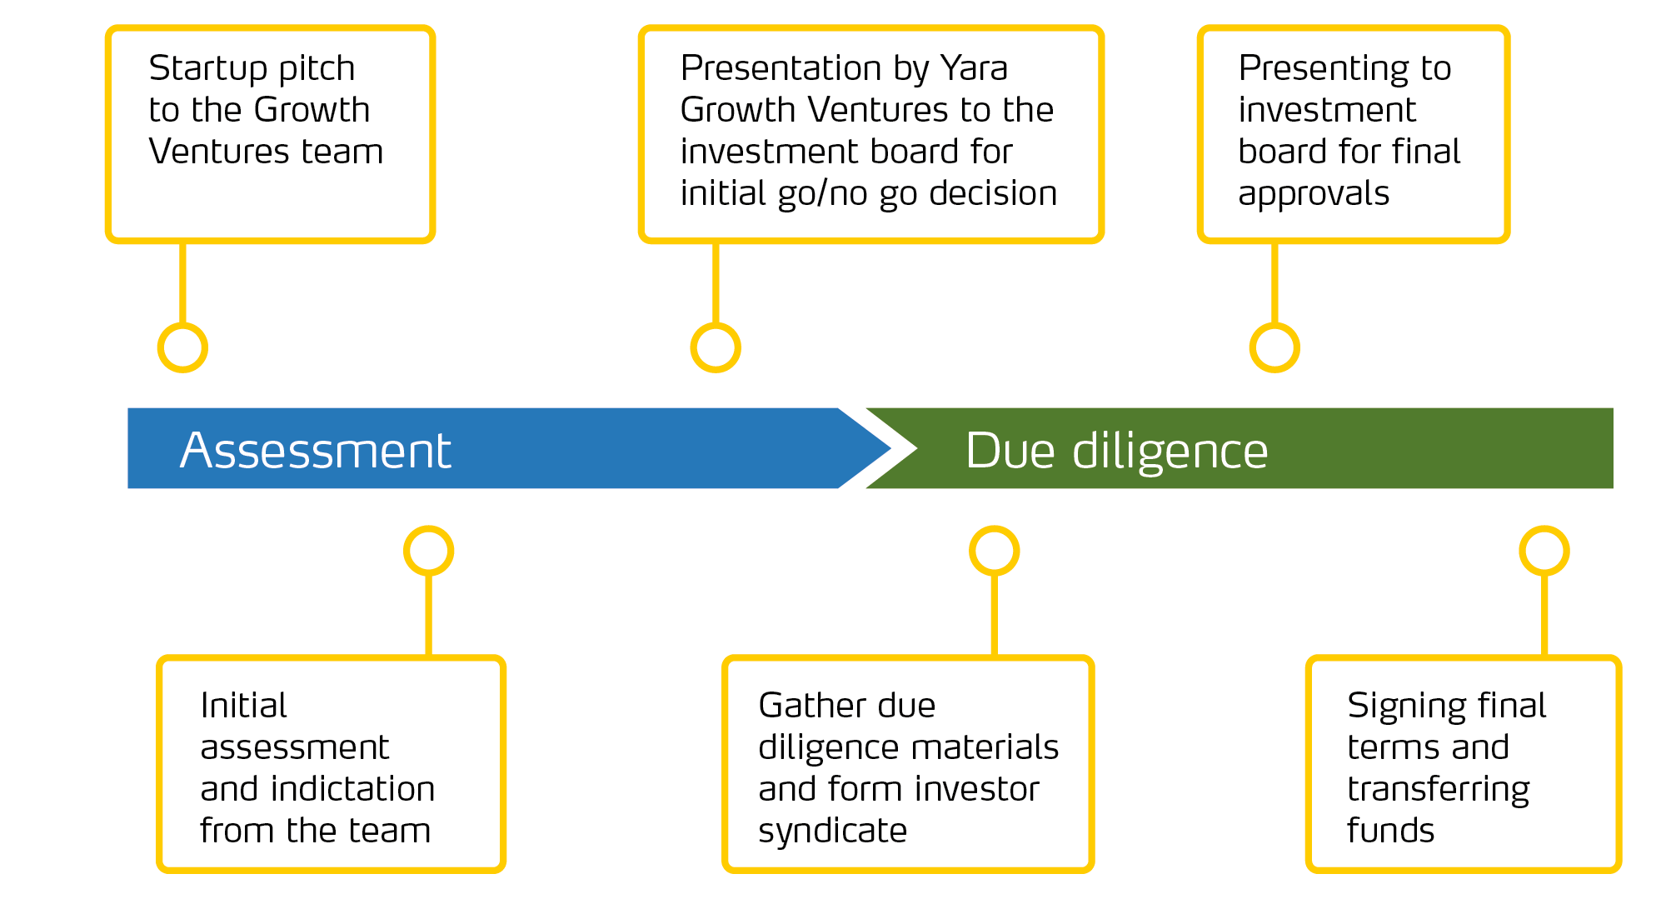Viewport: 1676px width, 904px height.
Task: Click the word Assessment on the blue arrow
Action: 315,451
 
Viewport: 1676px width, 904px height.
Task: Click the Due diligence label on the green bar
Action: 1116,451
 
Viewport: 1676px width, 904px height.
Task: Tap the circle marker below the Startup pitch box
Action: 182,347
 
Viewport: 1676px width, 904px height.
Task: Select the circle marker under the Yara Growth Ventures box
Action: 716,347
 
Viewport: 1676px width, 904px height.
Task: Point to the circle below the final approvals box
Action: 1274,347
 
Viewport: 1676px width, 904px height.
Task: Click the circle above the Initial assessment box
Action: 428,551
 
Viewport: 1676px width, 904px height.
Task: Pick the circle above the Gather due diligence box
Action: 994,551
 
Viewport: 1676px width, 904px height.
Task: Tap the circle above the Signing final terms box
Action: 1544,551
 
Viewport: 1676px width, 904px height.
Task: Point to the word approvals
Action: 1314,194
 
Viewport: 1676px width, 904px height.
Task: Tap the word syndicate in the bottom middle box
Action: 832,832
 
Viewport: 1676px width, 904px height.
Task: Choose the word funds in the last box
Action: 1390,831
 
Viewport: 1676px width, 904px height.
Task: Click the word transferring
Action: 1438,790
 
